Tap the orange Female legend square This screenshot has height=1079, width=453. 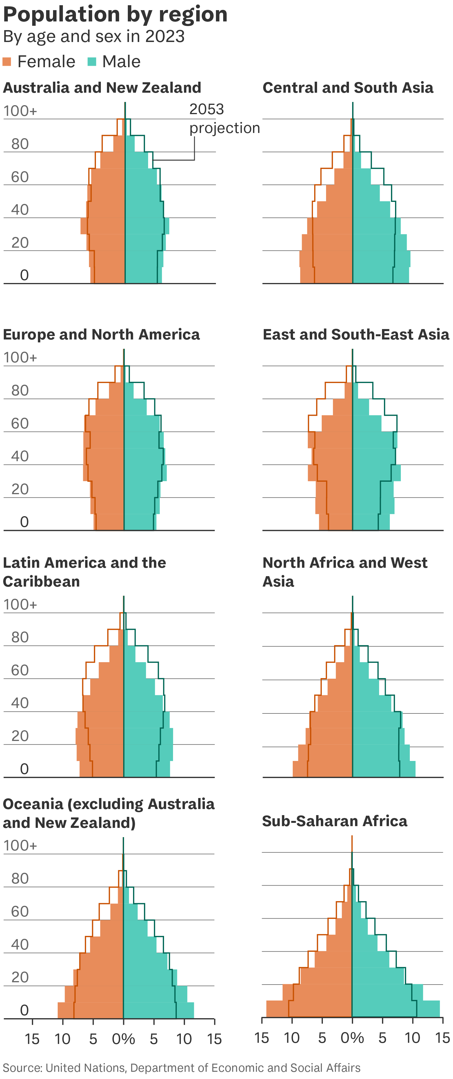point(7,62)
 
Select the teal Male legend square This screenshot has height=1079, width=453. point(92,62)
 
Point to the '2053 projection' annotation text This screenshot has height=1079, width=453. point(224,118)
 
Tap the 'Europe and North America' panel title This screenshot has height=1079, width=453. point(101,334)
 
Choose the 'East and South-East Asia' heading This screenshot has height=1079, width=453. point(356,334)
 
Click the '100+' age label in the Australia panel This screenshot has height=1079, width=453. point(20,111)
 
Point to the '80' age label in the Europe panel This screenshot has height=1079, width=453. point(20,390)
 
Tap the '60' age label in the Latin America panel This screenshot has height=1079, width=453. point(20,670)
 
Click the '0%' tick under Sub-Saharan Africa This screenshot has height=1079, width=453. point(352,1038)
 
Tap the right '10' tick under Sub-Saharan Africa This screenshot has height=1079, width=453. point(412,1038)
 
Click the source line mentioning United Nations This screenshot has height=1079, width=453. point(181,1068)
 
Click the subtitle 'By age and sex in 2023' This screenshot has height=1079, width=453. point(94,36)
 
